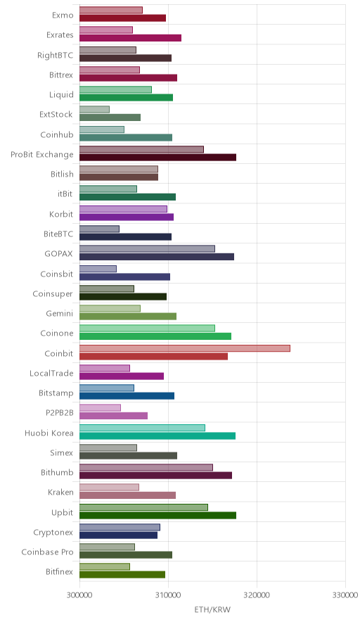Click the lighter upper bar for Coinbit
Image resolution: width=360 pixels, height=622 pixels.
tap(185, 348)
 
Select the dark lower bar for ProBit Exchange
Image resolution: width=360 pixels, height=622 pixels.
tap(157, 158)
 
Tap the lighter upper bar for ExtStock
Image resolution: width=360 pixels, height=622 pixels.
tap(94, 110)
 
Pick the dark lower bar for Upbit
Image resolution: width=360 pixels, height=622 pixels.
tap(157, 515)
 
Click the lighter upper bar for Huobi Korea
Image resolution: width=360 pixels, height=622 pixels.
tap(142, 428)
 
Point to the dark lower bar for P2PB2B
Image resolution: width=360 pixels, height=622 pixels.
tap(113, 416)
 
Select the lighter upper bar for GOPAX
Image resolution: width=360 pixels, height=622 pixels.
tap(147, 248)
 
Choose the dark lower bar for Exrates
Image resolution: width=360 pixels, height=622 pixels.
tap(131, 38)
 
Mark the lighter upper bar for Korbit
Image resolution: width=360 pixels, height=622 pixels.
tap(123, 209)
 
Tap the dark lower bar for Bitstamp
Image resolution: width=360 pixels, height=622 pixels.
tap(127, 396)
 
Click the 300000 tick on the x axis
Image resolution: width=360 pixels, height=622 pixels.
tap(79, 595)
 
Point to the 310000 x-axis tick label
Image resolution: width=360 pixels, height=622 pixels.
tap(168, 595)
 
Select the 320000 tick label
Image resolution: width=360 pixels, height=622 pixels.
tap(257, 595)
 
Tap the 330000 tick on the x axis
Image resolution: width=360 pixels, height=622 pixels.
tap(345, 595)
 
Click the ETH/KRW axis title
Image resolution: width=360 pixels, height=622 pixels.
tap(212, 610)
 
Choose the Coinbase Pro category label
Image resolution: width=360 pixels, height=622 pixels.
tap(47, 552)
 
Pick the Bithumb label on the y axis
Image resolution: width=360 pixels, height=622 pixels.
tap(57, 472)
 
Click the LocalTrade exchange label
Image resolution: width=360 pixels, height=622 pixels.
tap(51, 374)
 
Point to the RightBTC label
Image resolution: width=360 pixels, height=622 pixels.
tap(55, 55)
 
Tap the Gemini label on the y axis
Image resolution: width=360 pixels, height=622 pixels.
tap(60, 313)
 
